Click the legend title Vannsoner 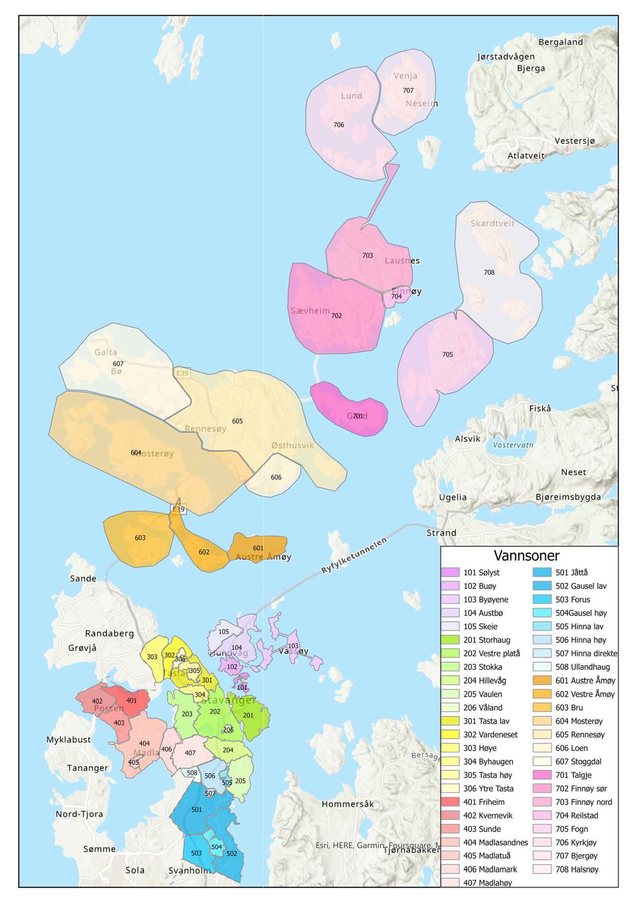pyautogui.click(x=526, y=555)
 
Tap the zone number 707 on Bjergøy pyautogui.click(x=408, y=90)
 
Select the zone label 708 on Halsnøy pyautogui.click(x=489, y=272)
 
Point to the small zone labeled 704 pyautogui.click(x=396, y=296)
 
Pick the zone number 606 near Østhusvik pyautogui.click(x=276, y=477)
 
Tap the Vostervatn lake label pyautogui.click(x=513, y=445)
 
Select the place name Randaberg pyautogui.click(x=109, y=633)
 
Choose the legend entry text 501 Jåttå pyautogui.click(x=572, y=573)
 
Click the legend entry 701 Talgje pyautogui.click(x=573, y=775)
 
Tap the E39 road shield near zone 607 pyautogui.click(x=182, y=373)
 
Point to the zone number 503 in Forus pyautogui.click(x=196, y=853)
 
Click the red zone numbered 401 pyautogui.click(x=132, y=700)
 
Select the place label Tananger pyautogui.click(x=87, y=768)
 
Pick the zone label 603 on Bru pyautogui.click(x=140, y=537)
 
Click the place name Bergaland pyautogui.click(x=560, y=42)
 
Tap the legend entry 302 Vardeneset pyautogui.click(x=490, y=734)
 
